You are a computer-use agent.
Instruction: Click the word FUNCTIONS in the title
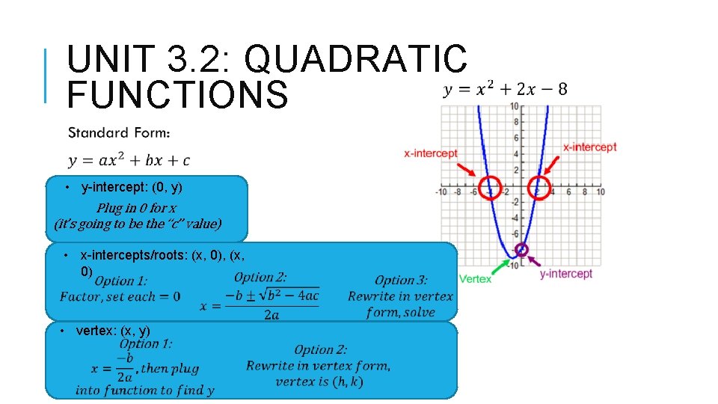pos(177,96)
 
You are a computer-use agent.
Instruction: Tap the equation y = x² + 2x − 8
pos(506,90)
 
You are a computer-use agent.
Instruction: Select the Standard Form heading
pos(119,133)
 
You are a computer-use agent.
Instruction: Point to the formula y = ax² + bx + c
pos(129,161)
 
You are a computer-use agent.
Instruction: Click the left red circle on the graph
pos(491,187)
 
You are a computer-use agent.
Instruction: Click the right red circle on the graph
pos(539,187)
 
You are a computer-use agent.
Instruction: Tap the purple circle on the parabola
pos(522,250)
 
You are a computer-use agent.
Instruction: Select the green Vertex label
pos(475,279)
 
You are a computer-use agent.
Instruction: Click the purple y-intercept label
pos(566,274)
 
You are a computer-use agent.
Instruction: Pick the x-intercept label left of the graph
pos(431,153)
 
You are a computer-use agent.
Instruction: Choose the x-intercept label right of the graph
pos(590,147)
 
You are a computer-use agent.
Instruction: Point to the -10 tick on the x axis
pos(442,192)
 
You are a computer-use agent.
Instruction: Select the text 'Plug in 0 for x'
pos(136,208)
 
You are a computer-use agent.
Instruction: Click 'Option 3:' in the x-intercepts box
pos(401,281)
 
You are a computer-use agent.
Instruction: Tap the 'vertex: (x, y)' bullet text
pos(113,331)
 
